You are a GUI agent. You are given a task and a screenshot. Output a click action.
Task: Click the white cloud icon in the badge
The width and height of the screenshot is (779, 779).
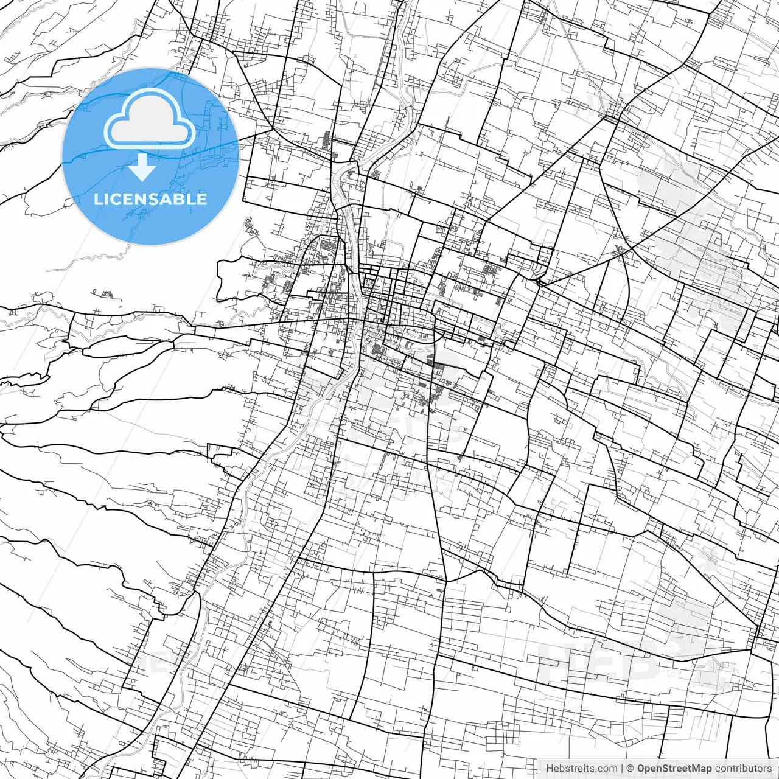tap(150, 119)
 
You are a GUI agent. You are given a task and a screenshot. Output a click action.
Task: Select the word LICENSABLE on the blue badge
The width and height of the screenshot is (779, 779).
tap(150, 199)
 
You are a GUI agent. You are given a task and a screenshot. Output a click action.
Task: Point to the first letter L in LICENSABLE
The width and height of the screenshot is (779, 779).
tap(98, 199)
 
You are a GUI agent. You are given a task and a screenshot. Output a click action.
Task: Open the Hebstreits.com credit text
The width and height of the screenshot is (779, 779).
tap(581, 769)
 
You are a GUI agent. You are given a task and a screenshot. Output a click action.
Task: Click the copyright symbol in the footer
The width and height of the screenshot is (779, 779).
tap(631, 769)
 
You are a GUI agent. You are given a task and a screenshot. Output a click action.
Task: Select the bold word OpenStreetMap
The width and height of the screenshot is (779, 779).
tap(674, 769)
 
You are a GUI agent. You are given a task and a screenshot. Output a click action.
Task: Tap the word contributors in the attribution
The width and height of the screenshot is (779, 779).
tap(743, 769)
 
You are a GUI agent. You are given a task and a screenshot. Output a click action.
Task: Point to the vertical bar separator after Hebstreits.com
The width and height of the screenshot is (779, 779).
tap(622, 769)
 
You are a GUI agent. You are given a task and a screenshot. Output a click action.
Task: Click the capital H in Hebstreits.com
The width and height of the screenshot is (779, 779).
tap(550, 769)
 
